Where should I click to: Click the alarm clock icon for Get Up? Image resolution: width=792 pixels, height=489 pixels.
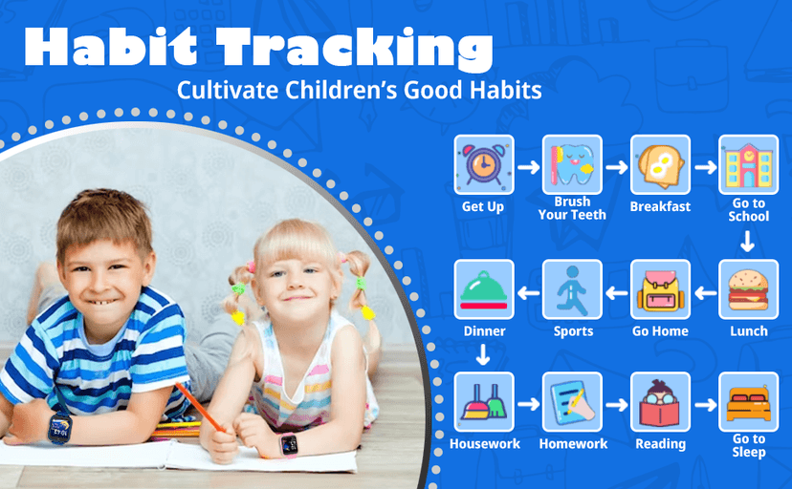[x=484, y=164]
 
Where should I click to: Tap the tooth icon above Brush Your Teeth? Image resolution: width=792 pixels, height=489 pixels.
[x=572, y=164]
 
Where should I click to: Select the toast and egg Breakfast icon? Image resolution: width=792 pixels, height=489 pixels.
[x=660, y=164]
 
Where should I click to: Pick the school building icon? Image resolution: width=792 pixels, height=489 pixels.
[x=748, y=164]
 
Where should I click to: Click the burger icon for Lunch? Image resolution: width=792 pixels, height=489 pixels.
[x=748, y=289]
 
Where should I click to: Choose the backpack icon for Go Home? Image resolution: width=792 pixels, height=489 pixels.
[x=660, y=289]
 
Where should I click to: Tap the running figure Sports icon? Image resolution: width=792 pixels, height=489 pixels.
[x=572, y=289]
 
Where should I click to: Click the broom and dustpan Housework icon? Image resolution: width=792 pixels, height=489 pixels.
[x=484, y=402]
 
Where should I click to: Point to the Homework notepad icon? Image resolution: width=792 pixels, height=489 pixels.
[x=572, y=402]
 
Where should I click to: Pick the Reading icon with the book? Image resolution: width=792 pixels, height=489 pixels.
[x=660, y=402]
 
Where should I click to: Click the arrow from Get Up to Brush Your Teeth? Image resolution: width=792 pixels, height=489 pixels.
[x=528, y=167]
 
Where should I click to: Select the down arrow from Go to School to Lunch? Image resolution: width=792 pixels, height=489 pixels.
[x=748, y=241]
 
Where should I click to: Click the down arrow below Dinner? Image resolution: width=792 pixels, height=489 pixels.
[x=483, y=354]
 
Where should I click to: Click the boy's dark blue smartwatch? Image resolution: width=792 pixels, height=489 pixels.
[x=60, y=428]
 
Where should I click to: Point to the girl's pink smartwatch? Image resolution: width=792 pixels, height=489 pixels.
[x=289, y=445]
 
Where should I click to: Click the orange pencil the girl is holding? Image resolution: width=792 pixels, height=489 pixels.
[x=200, y=407]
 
